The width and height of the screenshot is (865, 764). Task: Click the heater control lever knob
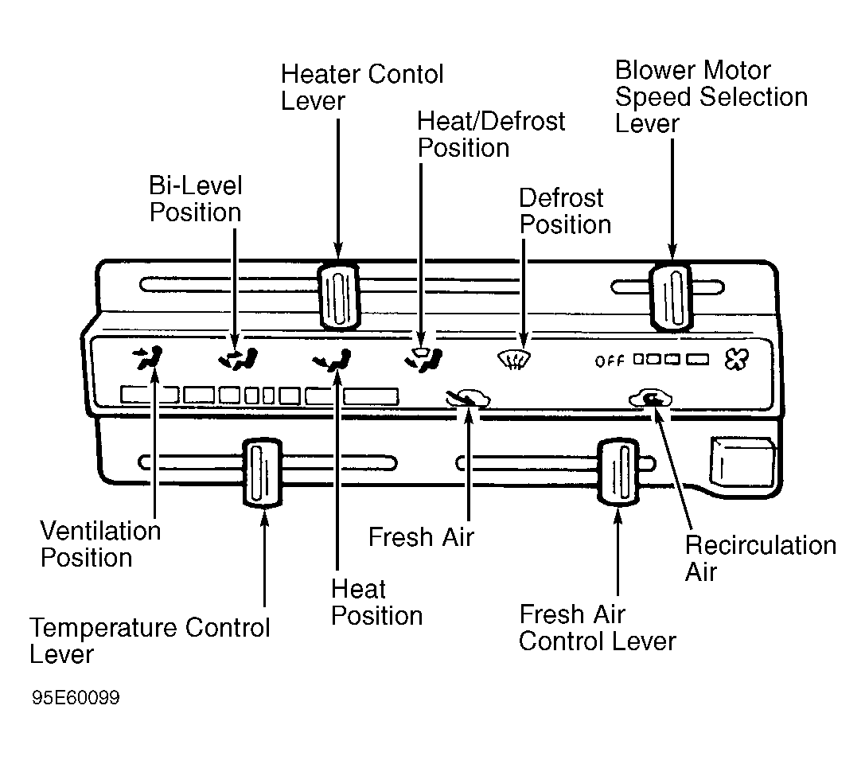pyautogui.click(x=339, y=296)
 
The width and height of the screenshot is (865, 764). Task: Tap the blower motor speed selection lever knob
pyautogui.click(x=672, y=297)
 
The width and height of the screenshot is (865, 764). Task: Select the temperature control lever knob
pyautogui.click(x=263, y=472)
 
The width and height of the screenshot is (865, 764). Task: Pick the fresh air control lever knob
pyautogui.click(x=619, y=471)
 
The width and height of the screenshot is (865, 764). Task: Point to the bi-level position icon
pyautogui.click(x=238, y=359)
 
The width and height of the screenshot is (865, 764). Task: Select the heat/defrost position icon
pyautogui.click(x=423, y=359)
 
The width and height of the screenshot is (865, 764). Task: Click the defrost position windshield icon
pyautogui.click(x=514, y=360)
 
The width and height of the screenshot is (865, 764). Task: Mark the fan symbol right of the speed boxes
pyautogui.click(x=737, y=360)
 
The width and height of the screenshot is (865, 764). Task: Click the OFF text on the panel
pyautogui.click(x=609, y=361)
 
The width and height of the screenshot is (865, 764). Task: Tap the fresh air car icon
pyautogui.click(x=468, y=398)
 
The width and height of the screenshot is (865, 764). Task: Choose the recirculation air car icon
pyautogui.click(x=651, y=398)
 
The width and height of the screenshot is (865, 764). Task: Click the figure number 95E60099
pyautogui.click(x=76, y=697)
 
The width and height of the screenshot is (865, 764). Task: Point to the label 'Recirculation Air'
pyautogui.click(x=761, y=558)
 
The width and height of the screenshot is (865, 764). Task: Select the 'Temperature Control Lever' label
pyautogui.click(x=150, y=641)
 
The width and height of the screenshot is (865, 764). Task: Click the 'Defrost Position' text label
pyautogui.click(x=566, y=211)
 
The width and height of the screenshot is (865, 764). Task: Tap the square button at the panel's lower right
pyautogui.click(x=742, y=461)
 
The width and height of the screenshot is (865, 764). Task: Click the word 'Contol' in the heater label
pyautogui.click(x=406, y=74)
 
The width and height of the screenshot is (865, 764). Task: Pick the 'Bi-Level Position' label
pyautogui.click(x=195, y=199)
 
